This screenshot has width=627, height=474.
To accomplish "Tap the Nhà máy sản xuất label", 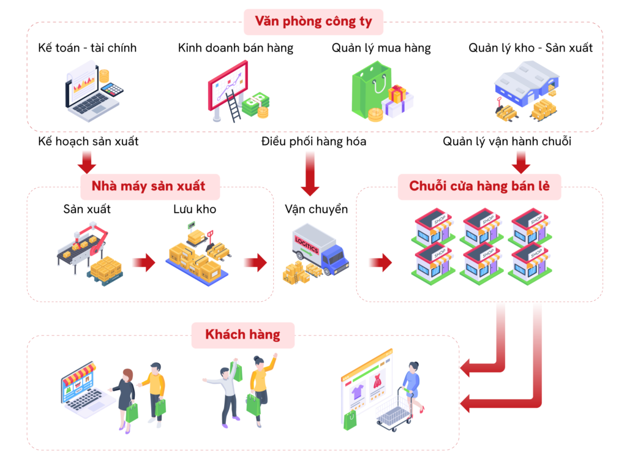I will pos(149,186).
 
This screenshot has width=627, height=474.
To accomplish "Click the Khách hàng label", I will pos(242,335).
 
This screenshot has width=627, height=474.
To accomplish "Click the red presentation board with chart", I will pos(229,85).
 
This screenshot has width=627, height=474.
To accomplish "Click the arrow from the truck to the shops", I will pos(380,263).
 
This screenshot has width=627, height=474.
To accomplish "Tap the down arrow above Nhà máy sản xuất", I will pos(87,161).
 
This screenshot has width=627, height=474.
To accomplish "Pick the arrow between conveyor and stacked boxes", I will pos(143,263).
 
